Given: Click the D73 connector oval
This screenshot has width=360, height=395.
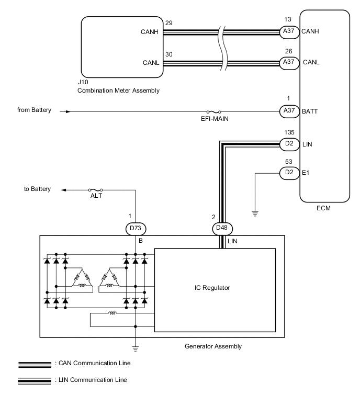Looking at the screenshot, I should (x=136, y=228).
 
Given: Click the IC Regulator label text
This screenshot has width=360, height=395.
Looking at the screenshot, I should (x=215, y=288).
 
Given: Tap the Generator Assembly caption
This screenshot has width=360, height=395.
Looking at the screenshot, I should (x=213, y=346).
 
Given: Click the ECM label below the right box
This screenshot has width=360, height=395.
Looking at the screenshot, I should (x=323, y=208).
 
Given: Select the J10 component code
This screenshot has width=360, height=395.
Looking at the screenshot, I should (x=83, y=82).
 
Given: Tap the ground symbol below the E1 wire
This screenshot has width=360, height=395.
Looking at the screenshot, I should (x=254, y=212).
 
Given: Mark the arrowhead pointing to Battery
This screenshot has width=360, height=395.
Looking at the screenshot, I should (x=63, y=189).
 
